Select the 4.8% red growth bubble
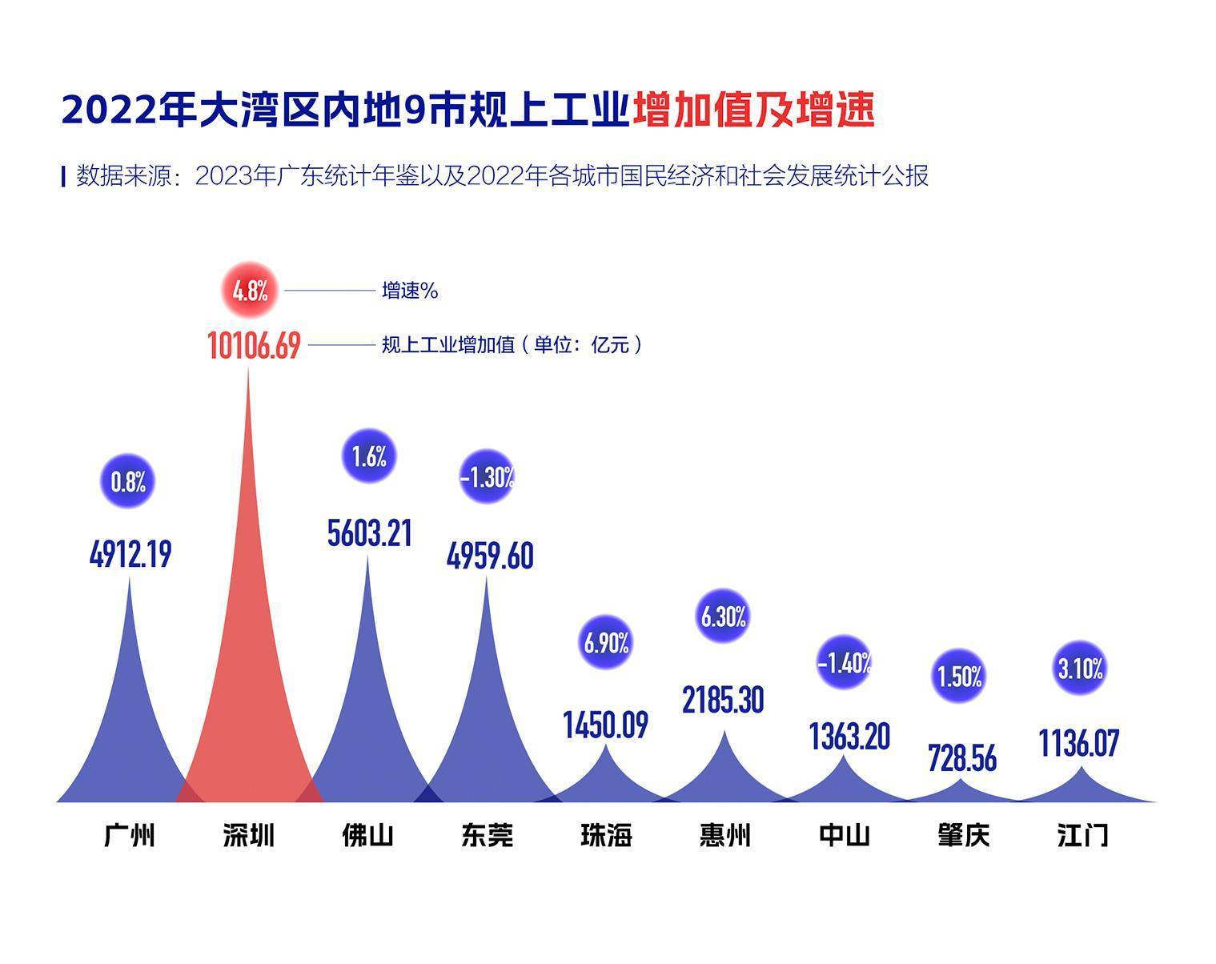pos(250,290)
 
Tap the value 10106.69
pos(254,346)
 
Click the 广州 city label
pos(129,835)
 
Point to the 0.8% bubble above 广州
pos(128,481)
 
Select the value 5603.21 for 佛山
pos(369,532)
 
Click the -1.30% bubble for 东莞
pos(487,478)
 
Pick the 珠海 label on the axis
pos(606,835)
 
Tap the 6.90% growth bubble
pos(606,642)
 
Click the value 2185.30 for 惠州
pos(723,700)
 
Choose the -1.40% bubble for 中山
pos(844,663)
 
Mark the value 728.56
pos(961,757)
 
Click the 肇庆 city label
pos(963,835)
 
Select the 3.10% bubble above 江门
pos(1080,668)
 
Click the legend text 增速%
pos(410,291)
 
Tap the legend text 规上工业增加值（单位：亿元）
pos(512,345)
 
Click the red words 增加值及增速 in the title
pos(753,110)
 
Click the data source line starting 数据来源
pos(502,175)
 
